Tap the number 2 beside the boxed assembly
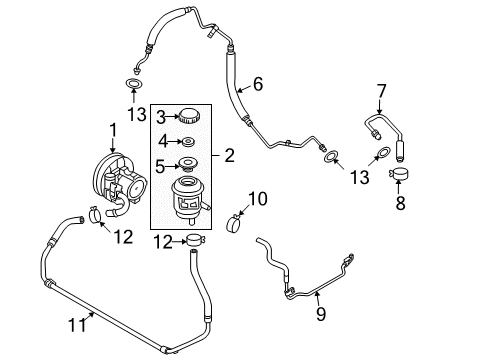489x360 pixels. pyautogui.click(x=229, y=155)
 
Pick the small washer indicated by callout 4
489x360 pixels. pyautogui.click(x=185, y=141)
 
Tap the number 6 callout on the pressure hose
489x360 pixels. pyautogui.click(x=257, y=86)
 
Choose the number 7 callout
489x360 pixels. pyautogui.click(x=381, y=93)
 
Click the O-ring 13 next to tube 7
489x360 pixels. pyautogui.click(x=380, y=155)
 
